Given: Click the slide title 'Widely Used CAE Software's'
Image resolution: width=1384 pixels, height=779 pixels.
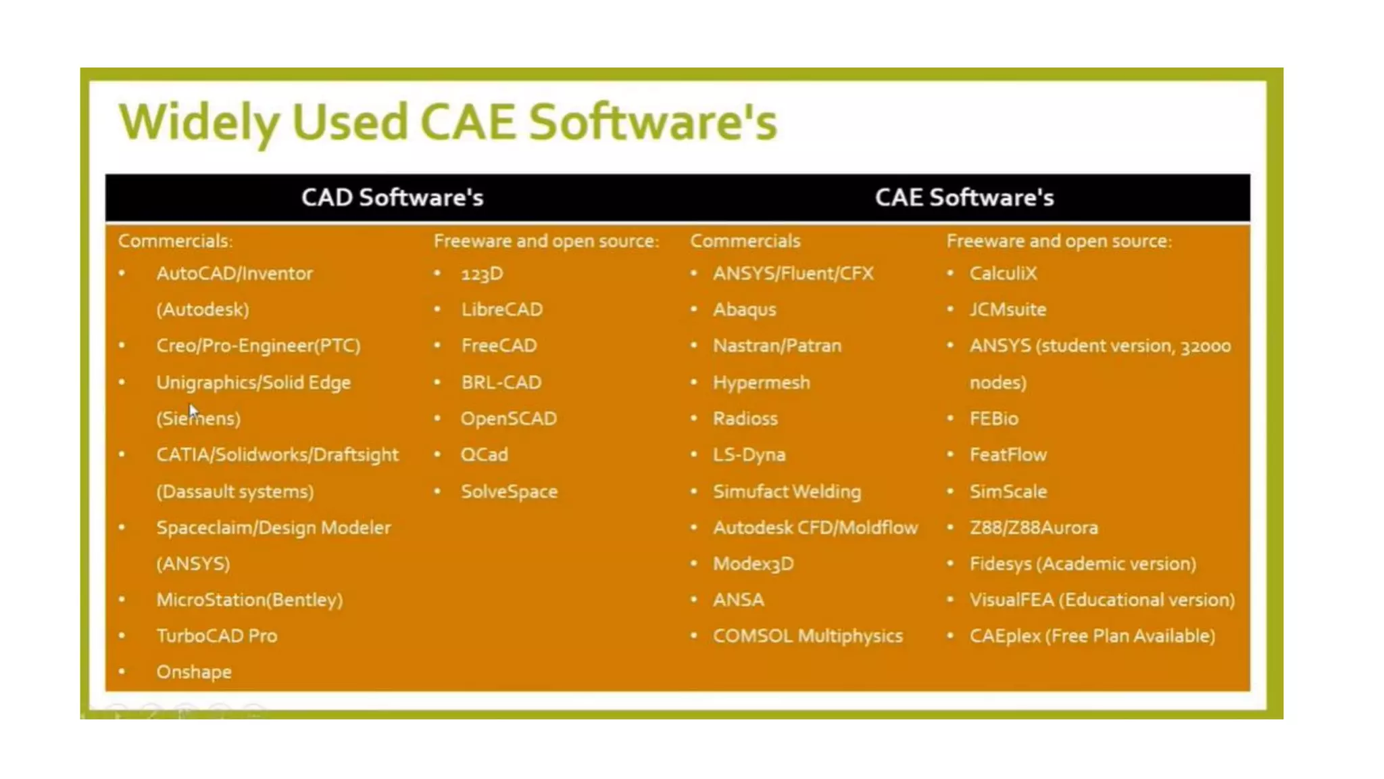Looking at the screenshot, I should tap(447, 122).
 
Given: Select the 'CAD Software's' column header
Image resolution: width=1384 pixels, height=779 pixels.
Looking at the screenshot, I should tap(392, 197).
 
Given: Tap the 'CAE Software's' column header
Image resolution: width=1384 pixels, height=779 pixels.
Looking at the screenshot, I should tap(964, 197).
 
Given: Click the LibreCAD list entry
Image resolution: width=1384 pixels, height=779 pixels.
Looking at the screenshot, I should tap(501, 310).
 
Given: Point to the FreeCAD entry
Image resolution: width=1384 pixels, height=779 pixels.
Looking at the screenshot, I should tap(499, 346).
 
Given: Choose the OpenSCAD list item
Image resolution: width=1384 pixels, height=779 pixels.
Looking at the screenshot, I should tap(508, 419).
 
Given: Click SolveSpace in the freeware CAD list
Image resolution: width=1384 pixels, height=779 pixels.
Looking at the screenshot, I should tap(509, 492).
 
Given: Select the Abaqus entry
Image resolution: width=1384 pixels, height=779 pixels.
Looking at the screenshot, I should tap(744, 310).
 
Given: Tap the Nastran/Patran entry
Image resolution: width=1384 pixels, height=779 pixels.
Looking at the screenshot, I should tap(777, 346).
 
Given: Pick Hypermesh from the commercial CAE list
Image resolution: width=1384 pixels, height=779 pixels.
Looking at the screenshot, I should tap(761, 383).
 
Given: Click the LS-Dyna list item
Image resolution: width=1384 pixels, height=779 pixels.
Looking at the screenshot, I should tap(749, 455).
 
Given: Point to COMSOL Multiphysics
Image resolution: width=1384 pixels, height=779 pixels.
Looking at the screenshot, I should tap(808, 636).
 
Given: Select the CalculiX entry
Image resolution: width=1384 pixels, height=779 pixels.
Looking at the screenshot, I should tap(1003, 273).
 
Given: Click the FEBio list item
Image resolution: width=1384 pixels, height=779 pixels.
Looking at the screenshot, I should tap(993, 419).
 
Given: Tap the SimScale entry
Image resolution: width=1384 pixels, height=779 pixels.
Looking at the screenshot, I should tap(1008, 492).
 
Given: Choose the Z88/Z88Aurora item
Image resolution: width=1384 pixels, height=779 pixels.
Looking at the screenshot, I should tap(1033, 527).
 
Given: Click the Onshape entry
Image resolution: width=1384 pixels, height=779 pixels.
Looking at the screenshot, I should tap(194, 672).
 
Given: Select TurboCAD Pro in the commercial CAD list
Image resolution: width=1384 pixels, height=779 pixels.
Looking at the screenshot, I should tap(216, 636).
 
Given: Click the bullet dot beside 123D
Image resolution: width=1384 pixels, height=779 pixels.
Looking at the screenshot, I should tap(437, 273).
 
